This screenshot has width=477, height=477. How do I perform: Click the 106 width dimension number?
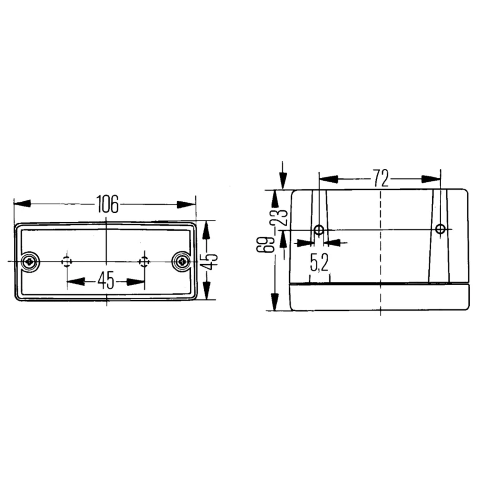point(107,204)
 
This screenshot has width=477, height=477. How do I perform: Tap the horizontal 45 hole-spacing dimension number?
point(106,280)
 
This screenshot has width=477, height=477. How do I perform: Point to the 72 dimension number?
point(381,178)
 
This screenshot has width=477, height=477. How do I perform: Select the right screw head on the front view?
point(182,261)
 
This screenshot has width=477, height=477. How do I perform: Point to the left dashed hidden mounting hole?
point(67,261)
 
